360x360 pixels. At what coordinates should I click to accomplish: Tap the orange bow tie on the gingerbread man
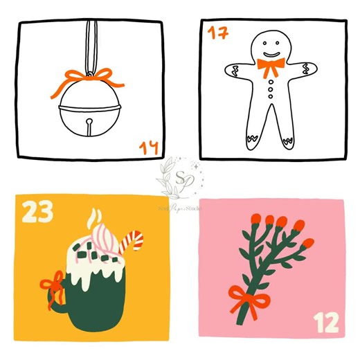click(x=271, y=67)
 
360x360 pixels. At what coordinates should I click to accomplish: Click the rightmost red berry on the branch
click(x=308, y=243)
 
